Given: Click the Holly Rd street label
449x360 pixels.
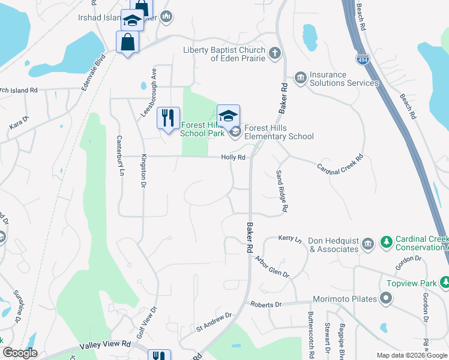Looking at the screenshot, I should (234, 157).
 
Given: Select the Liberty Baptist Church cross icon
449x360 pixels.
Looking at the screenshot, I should (275, 53).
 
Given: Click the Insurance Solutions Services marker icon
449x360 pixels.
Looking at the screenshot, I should (300, 78).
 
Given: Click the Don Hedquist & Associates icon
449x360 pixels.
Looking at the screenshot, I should (368, 244).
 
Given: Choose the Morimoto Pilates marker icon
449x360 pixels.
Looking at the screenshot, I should (387, 298).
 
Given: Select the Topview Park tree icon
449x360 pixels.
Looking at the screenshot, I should (445, 281).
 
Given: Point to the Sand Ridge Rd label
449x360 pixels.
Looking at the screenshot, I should (282, 190).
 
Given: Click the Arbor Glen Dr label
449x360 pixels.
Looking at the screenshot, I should (272, 266).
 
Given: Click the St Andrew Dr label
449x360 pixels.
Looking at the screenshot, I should (214, 321).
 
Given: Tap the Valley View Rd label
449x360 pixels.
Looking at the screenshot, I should (105, 346).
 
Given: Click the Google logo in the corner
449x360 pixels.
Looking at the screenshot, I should (20, 353).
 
